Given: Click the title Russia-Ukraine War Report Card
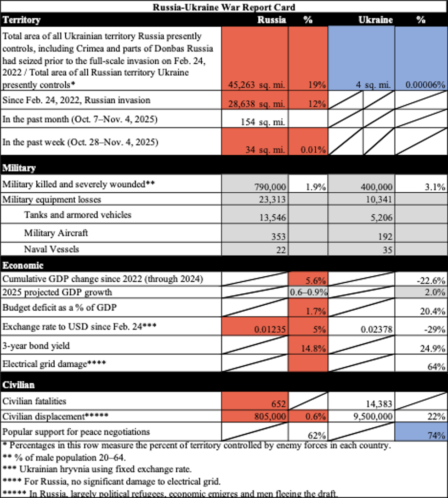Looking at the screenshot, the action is point(224,7).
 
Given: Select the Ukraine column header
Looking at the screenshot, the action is point(375,20).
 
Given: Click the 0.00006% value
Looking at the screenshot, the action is point(425,85).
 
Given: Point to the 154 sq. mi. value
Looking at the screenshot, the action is point(263,122).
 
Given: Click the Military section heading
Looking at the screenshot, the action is point(19,168).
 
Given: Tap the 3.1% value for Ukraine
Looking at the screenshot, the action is point(435,187).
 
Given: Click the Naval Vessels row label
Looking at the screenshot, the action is point(51,249).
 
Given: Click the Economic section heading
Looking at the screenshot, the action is point(23,265).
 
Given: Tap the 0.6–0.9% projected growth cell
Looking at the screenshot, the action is point(308,292).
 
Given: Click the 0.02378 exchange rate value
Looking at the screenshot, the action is point(376,330).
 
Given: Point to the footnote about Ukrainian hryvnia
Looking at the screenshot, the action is point(97,469).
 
